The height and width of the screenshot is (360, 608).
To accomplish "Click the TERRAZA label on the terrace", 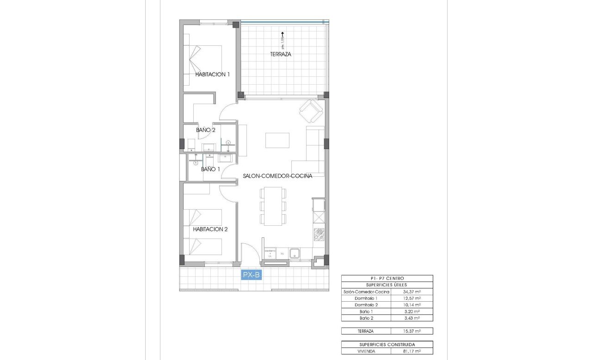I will pos(281,54).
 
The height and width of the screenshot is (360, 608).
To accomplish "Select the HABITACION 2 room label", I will pos(210,229).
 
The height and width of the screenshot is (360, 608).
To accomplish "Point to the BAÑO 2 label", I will pos(206,130).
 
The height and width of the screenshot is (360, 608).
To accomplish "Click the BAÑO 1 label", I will pos(210,169).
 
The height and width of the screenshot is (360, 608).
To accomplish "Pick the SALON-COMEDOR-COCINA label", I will pos(278,176).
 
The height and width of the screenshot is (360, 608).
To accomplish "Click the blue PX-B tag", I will pos(252,275).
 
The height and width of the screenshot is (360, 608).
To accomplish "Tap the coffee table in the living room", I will pos(277,140).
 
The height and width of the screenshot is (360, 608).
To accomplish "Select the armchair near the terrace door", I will pos(311,112).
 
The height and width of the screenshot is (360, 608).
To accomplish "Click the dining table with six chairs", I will pos(273,206).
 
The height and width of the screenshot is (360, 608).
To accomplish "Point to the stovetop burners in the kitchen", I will pos(319,235).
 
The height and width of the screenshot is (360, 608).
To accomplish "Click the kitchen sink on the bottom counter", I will pos(295,253).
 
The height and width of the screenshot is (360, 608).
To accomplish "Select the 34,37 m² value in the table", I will pos(411,292).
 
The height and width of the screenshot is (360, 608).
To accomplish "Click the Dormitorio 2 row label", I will pos(366,305).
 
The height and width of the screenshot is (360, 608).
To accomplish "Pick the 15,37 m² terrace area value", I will pos(411,331).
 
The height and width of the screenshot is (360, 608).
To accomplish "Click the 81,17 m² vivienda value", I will pos(411,352).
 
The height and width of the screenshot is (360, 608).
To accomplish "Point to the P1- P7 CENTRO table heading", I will pos(387,278).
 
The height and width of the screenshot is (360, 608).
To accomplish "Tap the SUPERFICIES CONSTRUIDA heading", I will pos(387,345).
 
